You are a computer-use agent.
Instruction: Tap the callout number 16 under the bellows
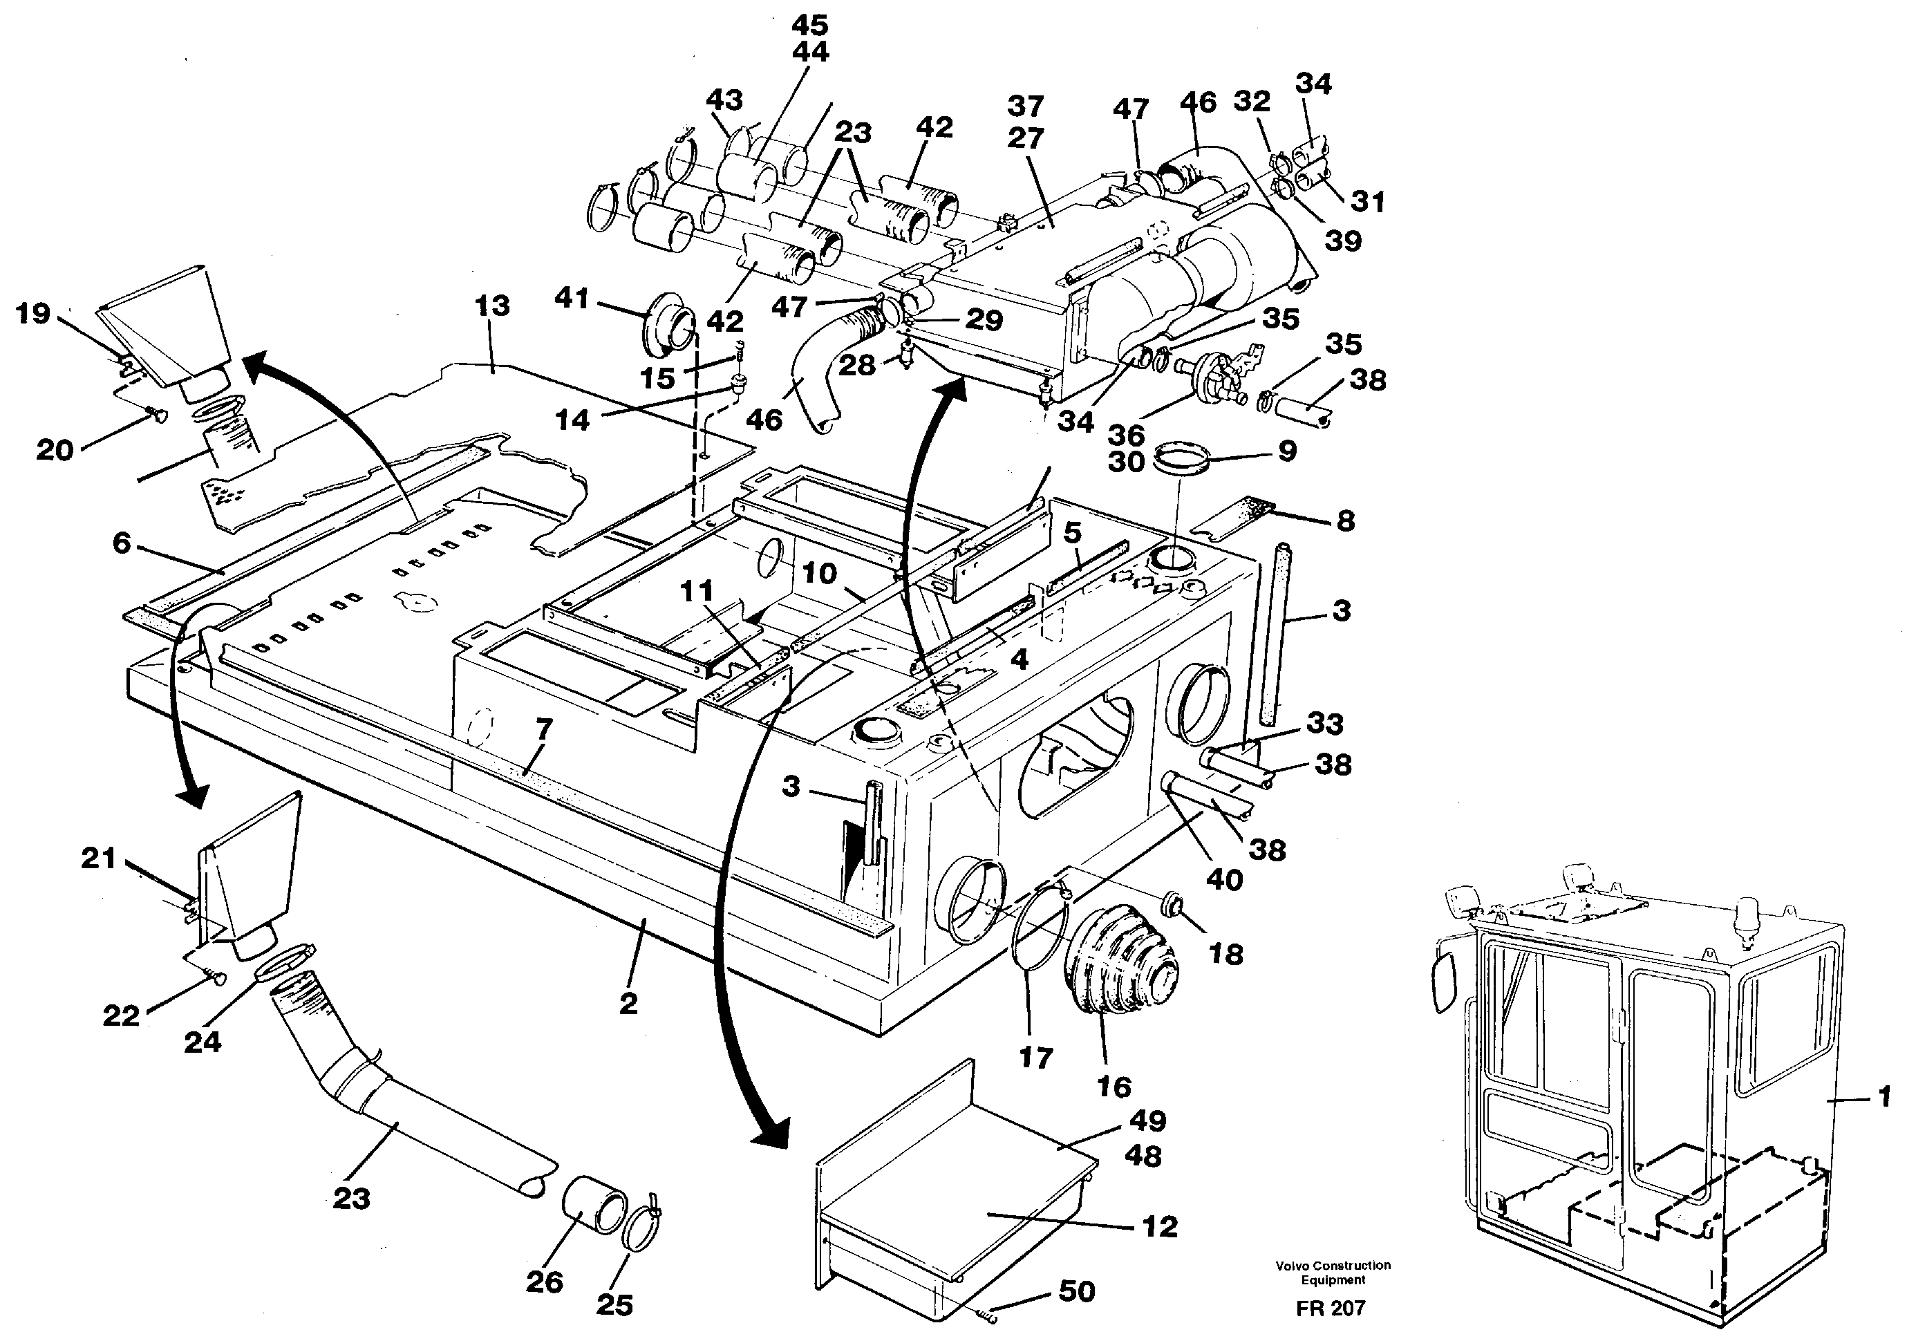click(x=1113, y=1086)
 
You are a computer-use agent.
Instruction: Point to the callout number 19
click(x=33, y=314)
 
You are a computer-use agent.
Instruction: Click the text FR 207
click(x=1331, y=1309)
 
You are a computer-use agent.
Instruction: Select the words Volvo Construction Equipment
click(x=1333, y=1272)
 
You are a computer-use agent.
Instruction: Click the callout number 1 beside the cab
click(x=1885, y=1097)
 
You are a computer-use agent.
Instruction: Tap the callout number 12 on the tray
click(x=1160, y=1226)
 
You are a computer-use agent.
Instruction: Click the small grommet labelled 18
click(x=1174, y=903)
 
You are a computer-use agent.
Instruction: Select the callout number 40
click(x=1225, y=879)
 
